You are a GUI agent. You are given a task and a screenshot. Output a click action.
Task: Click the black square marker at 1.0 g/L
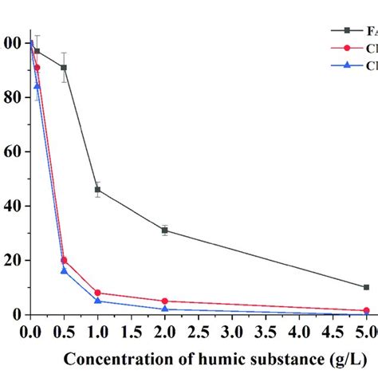(x=97, y=190)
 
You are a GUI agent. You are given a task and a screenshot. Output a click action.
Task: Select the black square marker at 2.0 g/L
(x=164, y=230)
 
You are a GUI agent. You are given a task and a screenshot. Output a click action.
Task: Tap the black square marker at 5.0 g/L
(x=366, y=287)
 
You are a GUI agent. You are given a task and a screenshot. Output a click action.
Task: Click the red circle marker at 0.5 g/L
(x=64, y=260)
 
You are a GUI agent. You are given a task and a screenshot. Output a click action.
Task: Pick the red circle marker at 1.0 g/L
(x=97, y=293)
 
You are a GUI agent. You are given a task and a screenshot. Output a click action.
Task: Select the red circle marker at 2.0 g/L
(x=164, y=301)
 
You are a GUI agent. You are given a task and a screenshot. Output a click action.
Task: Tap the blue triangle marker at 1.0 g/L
(x=97, y=301)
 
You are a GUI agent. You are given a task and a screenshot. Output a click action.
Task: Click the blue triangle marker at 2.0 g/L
(x=164, y=309)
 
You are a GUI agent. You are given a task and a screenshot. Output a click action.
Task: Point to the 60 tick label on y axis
(x=10, y=152)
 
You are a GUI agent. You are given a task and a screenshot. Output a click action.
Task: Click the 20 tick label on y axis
(x=10, y=261)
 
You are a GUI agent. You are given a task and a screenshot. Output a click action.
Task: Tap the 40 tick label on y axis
(x=10, y=206)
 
